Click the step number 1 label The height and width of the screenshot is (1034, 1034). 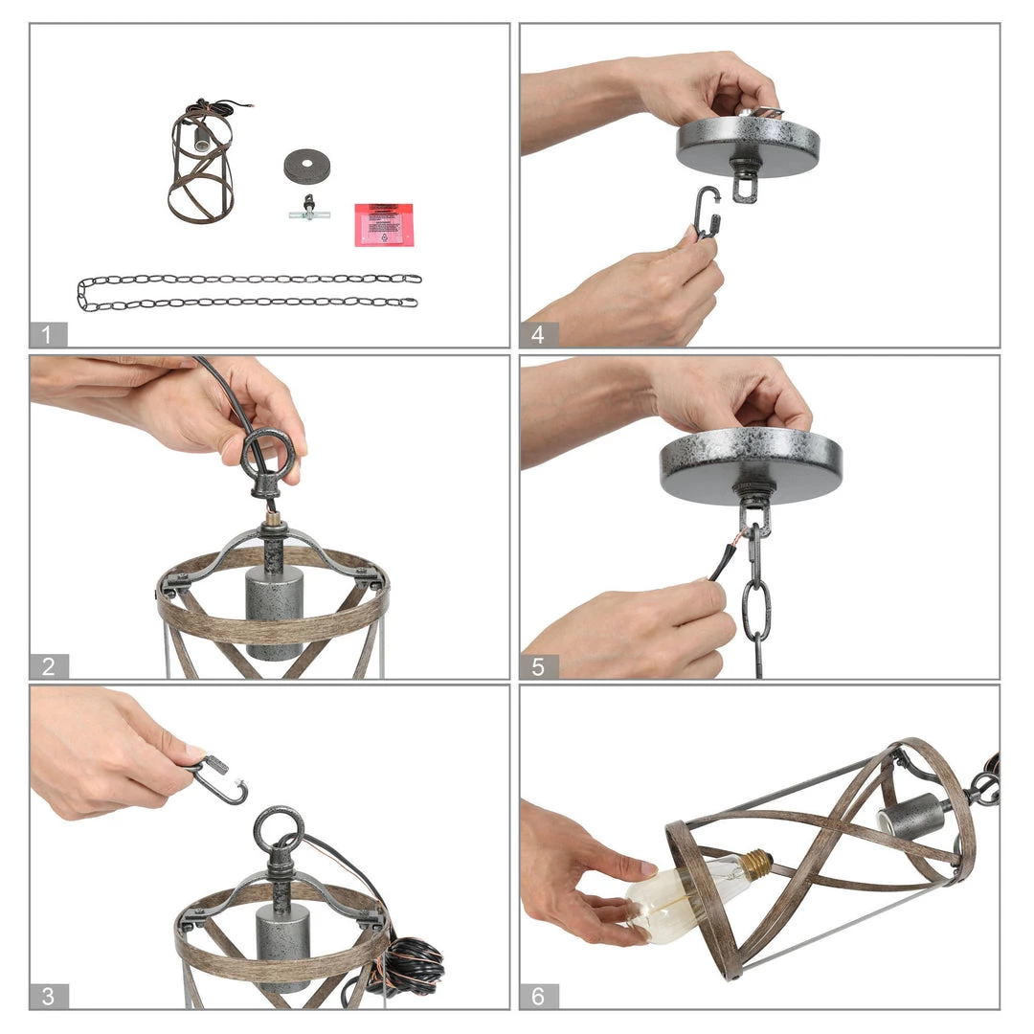(x=48, y=334)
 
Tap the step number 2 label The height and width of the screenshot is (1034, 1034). (x=48, y=666)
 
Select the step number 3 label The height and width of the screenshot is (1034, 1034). (x=48, y=996)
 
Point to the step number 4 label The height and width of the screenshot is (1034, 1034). (x=538, y=334)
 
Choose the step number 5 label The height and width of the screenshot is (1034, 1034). (x=538, y=666)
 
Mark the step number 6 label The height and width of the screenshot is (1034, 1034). (x=538, y=996)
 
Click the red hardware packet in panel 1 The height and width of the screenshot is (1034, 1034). (x=383, y=224)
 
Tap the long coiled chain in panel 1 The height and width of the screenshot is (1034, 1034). (x=249, y=291)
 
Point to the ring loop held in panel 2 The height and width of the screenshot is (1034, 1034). (x=267, y=452)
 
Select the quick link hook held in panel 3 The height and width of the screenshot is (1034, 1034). (x=220, y=778)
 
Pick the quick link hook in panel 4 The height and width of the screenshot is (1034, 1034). (x=708, y=213)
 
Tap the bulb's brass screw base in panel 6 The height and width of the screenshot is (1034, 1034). (x=756, y=860)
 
